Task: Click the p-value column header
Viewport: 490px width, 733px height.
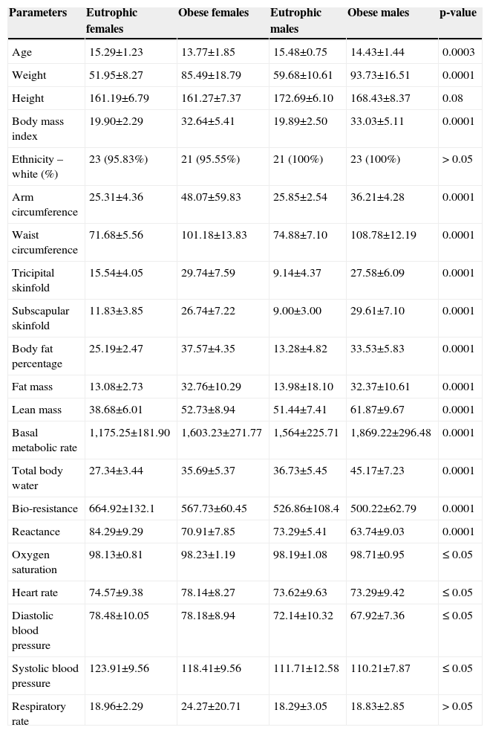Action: [459, 13]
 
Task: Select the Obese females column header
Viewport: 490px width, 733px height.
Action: [214, 13]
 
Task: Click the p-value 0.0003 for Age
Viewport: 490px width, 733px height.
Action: [458, 53]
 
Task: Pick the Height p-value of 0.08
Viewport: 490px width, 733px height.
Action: [452, 98]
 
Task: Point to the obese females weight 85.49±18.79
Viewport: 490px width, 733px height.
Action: [214, 75]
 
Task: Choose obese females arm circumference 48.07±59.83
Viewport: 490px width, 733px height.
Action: [214, 197]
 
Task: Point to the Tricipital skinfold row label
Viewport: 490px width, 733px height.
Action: [33, 280]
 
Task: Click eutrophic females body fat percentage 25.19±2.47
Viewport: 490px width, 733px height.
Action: [117, 349]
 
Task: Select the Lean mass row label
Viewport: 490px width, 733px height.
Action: [34, 410]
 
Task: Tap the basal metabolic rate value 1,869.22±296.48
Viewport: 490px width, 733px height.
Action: [390, 433]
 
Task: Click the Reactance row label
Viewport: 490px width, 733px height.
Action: [35, 532]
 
